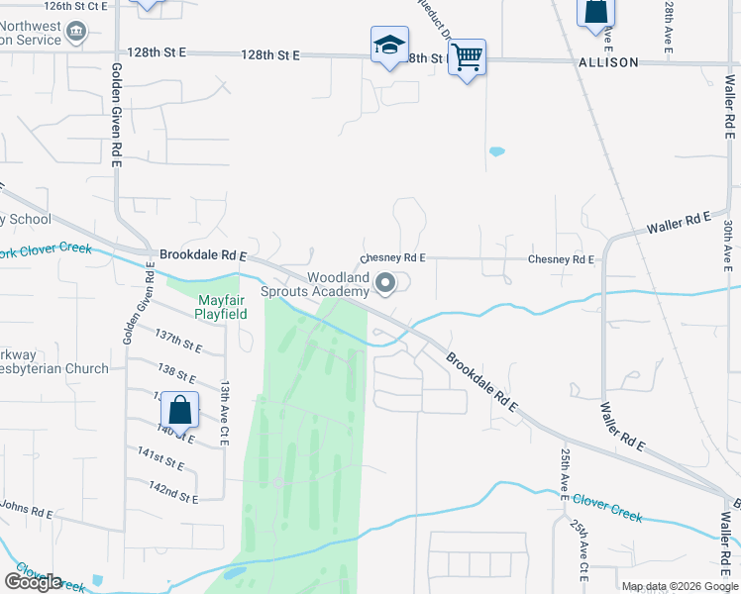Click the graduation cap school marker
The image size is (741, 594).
[389, 46]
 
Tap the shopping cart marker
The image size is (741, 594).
[467, 57]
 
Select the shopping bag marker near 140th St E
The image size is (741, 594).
[180, 409]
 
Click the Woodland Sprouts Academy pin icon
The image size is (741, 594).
[385, 285]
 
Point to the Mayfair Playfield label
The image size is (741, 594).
[220, 307]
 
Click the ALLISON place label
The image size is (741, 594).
[608, 62]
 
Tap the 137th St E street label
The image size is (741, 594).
[178, 342]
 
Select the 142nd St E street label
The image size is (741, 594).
[172, 490]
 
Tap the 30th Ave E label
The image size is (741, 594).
[727, 245]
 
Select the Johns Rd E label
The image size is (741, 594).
[26, 509]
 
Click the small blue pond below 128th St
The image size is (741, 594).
[496, 151]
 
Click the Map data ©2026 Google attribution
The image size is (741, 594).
[680, 586]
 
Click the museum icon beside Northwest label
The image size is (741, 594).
[75, 34]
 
